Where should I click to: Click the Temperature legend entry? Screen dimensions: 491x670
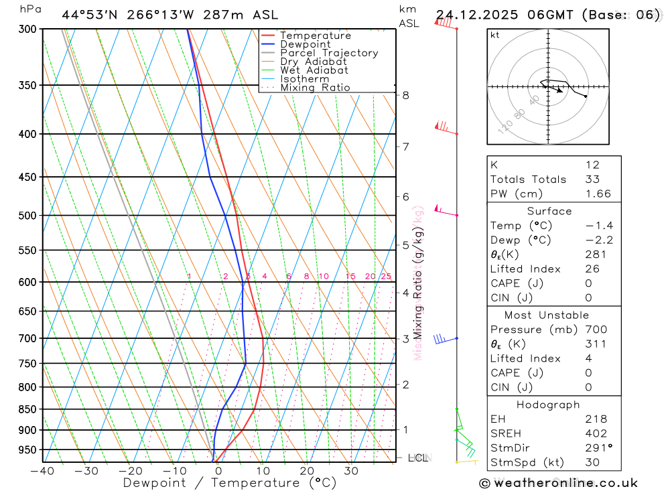(315, 36)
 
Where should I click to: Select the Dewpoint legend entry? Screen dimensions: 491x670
(305, 44)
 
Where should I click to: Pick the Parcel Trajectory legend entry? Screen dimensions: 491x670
(329, 53)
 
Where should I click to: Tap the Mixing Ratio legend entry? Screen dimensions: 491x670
(315, 87)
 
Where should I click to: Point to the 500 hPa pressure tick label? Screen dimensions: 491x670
(27, 216)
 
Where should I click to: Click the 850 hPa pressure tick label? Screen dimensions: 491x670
(27, 409)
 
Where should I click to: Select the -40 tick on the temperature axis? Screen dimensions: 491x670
(42, 471)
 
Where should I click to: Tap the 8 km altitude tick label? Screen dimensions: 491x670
(406, 95)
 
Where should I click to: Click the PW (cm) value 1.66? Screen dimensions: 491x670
(598, 194)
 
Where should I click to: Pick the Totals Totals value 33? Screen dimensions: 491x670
(592, 179)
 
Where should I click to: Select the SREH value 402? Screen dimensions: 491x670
(594, 433)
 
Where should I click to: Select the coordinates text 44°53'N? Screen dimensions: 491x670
(90, 15)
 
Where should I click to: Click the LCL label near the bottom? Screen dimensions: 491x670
(417, 458)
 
